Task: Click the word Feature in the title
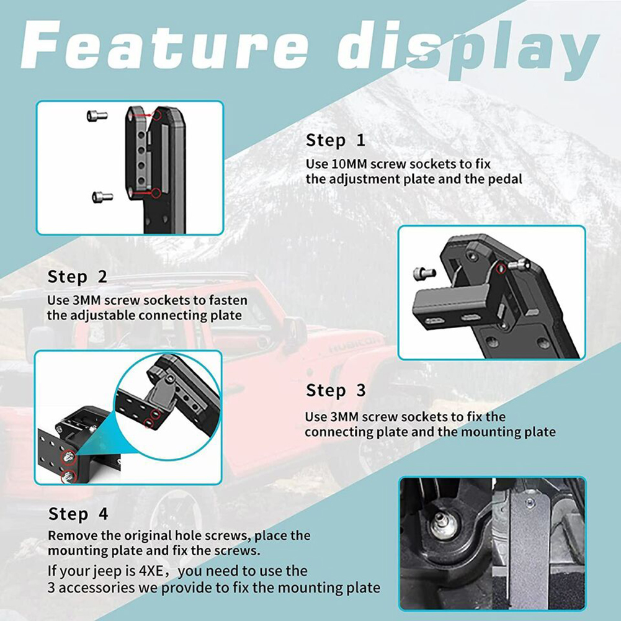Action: pos(164,46)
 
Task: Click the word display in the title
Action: pos(467,50)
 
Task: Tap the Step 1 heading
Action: pos(336,141)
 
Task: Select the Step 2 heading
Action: pos(77,277)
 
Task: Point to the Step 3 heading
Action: pos(336,390)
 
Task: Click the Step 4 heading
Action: pos(78,514)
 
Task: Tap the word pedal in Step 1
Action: pos(505,179)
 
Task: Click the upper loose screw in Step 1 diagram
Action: pos(97,115)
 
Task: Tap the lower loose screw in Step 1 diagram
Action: pos(102,197)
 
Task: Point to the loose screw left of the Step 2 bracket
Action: pos(424,273)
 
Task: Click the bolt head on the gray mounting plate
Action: pos(530,504)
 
